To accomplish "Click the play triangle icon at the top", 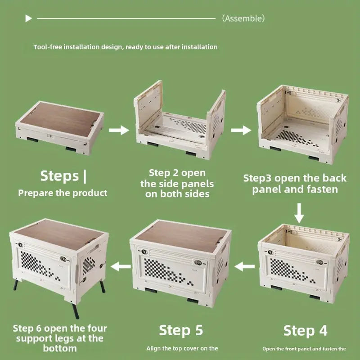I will [x=28, y=18].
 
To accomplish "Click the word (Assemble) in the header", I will [x=243, y=18].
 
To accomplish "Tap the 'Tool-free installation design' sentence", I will [x=125, y=47].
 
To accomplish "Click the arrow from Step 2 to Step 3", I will [x=241, y=130].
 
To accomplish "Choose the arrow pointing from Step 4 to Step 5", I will [x=245, y=267].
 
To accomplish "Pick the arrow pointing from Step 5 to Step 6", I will [x=121, y=267].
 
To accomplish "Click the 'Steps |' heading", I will [x=63, y=175].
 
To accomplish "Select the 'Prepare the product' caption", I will [x=63, y=193].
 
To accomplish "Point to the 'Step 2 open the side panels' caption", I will [x=177, y=184].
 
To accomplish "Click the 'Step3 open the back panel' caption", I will [x=295, y=184].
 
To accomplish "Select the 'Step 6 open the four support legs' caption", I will [x=58, y=338].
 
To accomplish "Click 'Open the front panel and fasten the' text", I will [x=304, y=348].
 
